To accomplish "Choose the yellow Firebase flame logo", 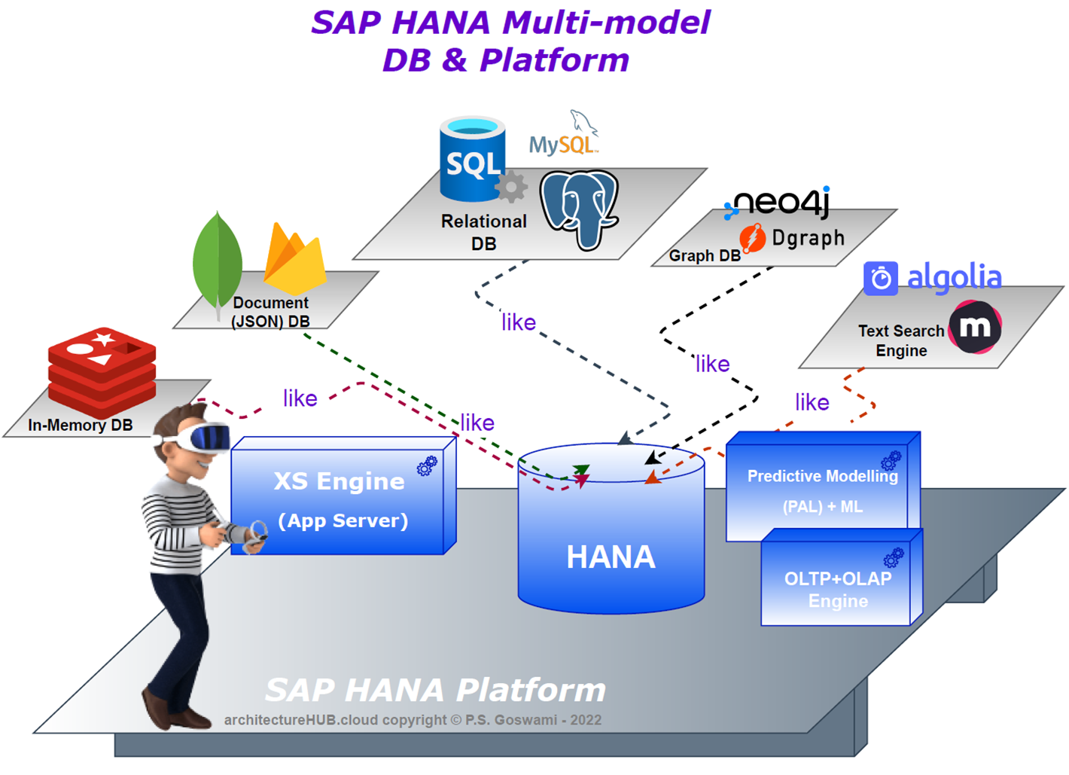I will click(295, 260).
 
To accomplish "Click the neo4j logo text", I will click(780, 202).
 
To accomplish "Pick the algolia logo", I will click(933, 278).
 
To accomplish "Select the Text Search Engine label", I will click(901, 340).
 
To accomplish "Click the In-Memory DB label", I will click(80, 425).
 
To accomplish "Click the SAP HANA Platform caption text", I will click(435, 690).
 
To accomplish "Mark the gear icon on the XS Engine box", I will click(427, 466).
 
